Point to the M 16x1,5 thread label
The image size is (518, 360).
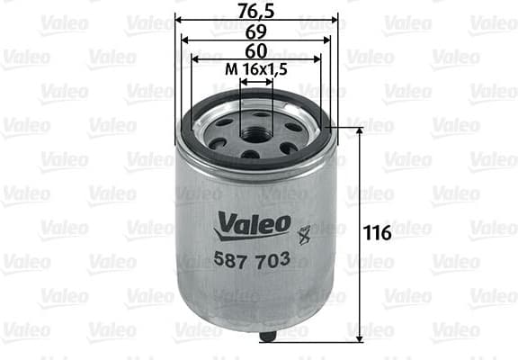point(256,69)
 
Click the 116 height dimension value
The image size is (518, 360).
point(378,234)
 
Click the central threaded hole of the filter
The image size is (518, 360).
point(257,129)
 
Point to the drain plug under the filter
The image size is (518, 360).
point(268,336)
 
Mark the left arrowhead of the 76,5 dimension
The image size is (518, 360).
point(178,19)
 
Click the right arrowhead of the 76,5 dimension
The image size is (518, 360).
point(335,19)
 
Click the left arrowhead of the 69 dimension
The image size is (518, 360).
point(185,40)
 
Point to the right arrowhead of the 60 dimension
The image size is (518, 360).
point(318,59)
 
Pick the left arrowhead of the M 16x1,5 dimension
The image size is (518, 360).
point(243,80)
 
